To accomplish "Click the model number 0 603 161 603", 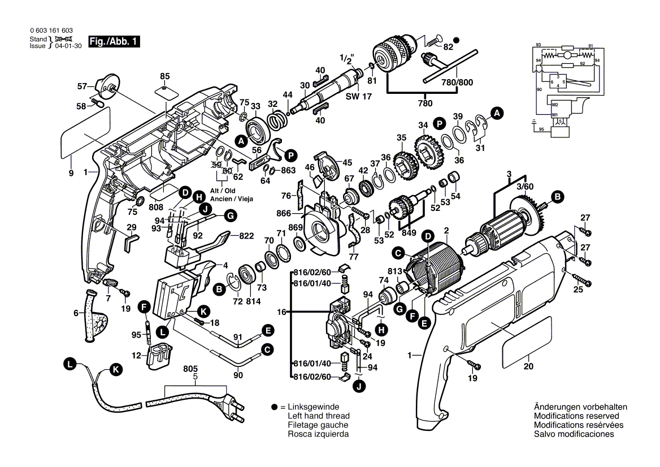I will (51, 31).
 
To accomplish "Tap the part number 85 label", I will (164, 76).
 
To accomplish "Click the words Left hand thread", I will (319, 416).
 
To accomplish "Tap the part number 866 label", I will (284, 213).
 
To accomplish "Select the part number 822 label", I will (246, 236).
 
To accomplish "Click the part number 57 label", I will (82, 87).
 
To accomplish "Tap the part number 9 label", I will (71, 174).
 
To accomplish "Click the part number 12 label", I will (136, 356).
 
